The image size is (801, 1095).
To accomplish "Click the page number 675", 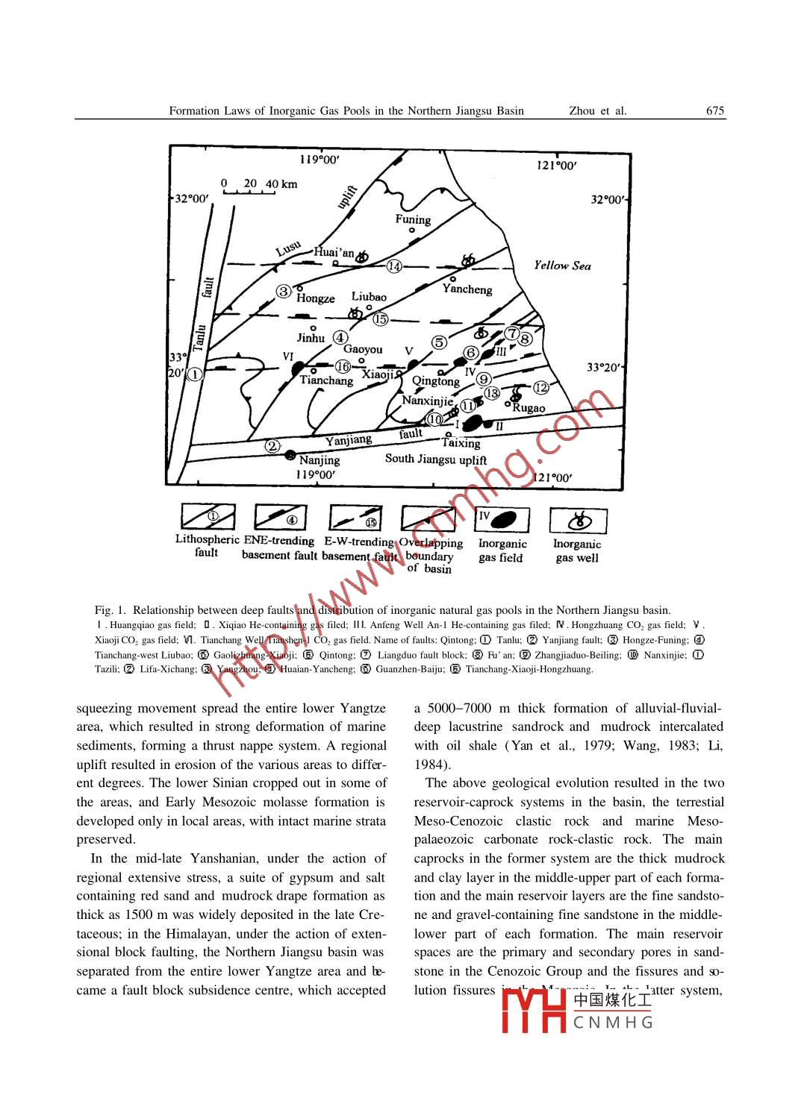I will point(714,111).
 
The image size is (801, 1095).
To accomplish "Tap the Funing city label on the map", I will point(413,219).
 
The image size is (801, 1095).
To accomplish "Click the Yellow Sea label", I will point(562,266).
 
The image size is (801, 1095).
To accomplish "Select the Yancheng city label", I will point(467,289).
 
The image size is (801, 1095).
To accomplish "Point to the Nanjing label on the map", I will point(320,459).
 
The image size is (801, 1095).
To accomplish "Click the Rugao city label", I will point(529,408).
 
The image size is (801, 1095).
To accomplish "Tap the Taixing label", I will point(461,443).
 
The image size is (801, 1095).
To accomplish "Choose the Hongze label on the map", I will point(315,298).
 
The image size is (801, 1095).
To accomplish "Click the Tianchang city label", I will point(326,380).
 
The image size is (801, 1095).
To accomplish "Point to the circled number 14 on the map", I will point(394,266).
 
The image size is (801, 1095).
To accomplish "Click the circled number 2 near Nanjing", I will point(273,446).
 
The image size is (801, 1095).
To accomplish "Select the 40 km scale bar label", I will point(281,183).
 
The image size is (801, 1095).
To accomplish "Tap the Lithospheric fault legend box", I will point(208,518).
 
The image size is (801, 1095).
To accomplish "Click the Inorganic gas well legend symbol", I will point(578,520).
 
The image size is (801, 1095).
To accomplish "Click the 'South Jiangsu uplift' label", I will point(436,459).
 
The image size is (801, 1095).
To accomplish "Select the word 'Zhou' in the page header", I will point(582,111).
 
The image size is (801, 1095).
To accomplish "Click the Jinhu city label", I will point(311,338).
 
